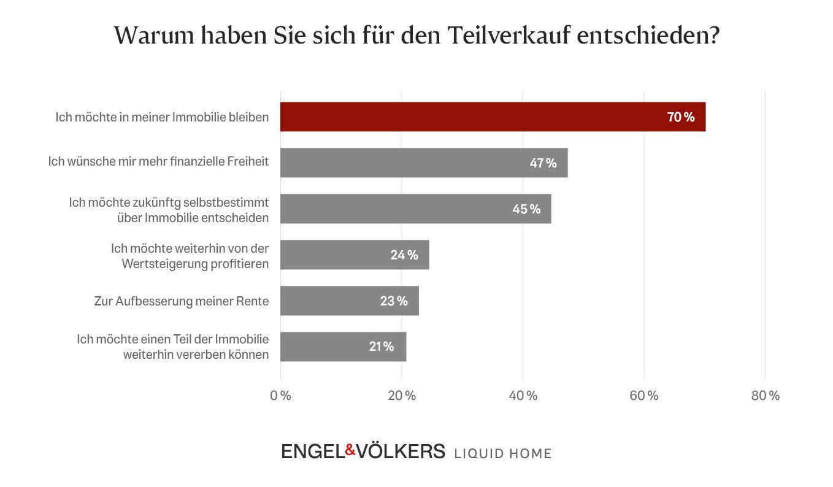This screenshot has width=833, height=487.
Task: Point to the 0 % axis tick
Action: tap(280, 396)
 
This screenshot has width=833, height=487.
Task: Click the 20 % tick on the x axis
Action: tap(402, 396)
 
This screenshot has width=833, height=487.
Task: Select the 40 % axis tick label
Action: tap(523, 396)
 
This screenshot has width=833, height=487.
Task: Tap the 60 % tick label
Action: tap(644, 396)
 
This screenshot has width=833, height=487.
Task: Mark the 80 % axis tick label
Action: tap(765, 396)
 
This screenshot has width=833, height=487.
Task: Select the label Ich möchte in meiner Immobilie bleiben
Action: tap(162, 117)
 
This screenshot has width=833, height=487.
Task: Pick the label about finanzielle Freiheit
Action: tap(158, 163)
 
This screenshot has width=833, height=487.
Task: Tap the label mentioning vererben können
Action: tap(196, 354)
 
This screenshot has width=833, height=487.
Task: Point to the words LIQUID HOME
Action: tap(502, 453)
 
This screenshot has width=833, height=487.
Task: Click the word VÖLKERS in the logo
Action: tap(401, 451)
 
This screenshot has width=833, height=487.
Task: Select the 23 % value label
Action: tap(393, 301)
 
